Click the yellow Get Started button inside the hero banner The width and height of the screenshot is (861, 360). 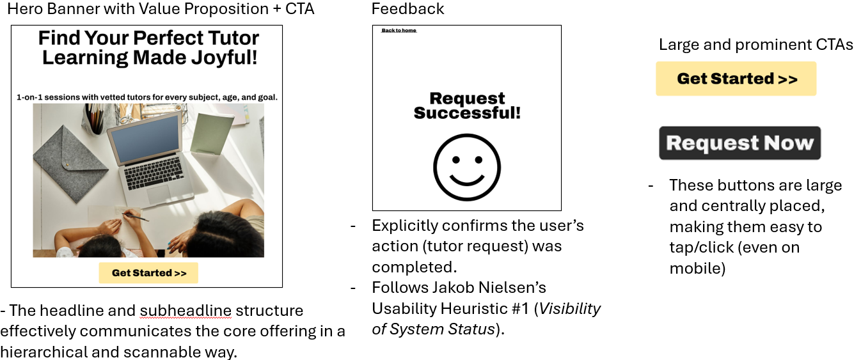click(148, 273)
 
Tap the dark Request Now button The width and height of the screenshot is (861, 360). click(740, 143)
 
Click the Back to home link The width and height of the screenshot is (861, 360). click(399, 30)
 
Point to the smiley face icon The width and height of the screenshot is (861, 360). click(466, 167)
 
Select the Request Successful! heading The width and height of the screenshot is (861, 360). click(467, 106)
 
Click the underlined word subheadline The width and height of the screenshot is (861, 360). click(186, 310)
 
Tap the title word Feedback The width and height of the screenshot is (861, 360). click(407, 8)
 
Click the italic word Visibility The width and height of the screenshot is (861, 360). click(570, 308)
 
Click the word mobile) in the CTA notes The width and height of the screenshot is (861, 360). click(698, 268)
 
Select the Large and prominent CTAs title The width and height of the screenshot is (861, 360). click(755, 45)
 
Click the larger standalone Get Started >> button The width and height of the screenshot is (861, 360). click(736, 79)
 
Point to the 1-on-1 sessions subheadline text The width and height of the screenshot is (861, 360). click(147, 97)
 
